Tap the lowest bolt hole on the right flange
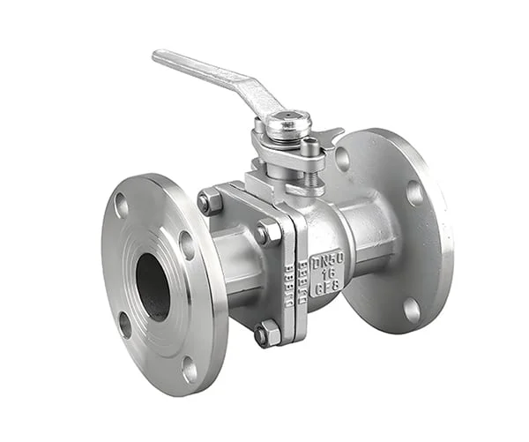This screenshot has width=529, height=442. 412,309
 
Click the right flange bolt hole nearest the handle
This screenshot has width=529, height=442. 343,158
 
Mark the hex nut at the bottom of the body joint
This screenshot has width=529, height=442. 267,333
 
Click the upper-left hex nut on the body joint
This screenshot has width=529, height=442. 209,201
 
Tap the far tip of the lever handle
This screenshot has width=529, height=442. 160,57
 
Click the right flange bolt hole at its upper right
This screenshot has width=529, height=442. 414,192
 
